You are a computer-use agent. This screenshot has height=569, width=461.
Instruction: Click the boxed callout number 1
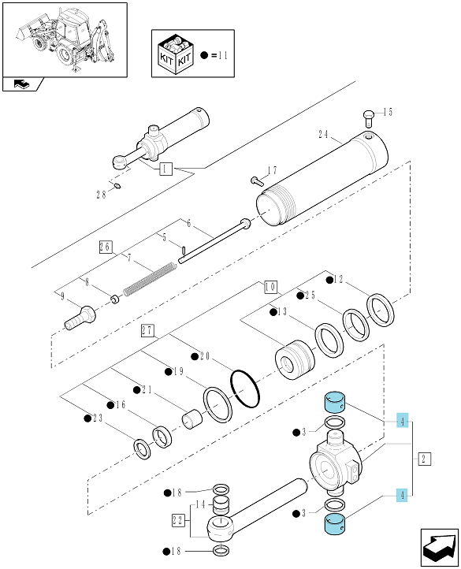(166, 169)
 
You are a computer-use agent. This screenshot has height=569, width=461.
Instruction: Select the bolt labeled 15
(368, 118)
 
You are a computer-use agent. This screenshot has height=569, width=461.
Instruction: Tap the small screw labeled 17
(257, 181)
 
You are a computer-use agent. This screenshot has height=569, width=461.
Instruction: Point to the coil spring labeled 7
(150, 278)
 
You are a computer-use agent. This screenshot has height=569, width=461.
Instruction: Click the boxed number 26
(106, 247)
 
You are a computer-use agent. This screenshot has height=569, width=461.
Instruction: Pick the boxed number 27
(147, 331)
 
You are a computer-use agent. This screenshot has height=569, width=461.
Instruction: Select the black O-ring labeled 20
(245, 389)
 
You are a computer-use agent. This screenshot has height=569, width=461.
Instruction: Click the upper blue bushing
(334, 402)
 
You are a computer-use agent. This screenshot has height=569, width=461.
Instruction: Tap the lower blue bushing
(334, 525)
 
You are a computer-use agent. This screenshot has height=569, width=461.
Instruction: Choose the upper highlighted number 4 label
(403, 421)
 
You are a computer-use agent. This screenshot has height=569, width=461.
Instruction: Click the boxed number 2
(424, 459)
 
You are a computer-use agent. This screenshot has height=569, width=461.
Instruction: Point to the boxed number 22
(178, 520)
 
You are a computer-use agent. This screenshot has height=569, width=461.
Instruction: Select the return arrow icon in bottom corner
(439, 547)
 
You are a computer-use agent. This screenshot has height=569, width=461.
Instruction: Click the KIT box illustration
(176, 54)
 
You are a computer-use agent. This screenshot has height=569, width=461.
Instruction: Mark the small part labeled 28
(117, 186)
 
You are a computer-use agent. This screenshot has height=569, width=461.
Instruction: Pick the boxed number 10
(270, 287)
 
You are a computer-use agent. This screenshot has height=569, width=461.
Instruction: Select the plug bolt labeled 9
(80, 318)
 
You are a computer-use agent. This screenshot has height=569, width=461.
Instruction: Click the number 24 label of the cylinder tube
(323, 135)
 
